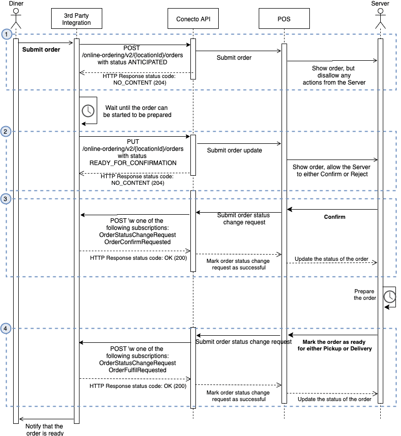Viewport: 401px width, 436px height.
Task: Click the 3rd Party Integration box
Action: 77,19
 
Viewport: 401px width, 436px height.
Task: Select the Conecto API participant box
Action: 193,19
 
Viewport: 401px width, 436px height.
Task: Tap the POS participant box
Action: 284,19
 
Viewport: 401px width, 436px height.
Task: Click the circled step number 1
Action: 6,34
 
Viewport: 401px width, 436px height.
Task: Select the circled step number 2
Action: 6,132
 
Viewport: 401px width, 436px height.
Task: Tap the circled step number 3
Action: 6,199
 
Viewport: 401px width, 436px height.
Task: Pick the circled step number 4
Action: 6,328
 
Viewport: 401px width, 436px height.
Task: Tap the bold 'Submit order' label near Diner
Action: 41,50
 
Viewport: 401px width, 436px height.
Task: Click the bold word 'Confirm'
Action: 335,217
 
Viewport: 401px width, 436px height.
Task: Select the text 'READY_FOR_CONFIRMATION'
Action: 133,163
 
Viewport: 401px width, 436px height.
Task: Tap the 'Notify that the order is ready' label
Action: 45,429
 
